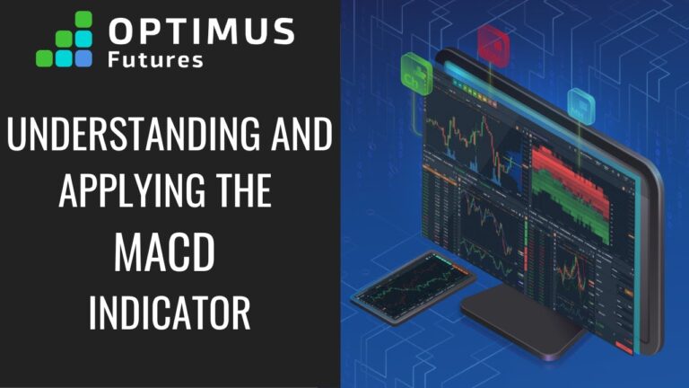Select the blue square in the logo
83,58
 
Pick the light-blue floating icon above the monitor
580,106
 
